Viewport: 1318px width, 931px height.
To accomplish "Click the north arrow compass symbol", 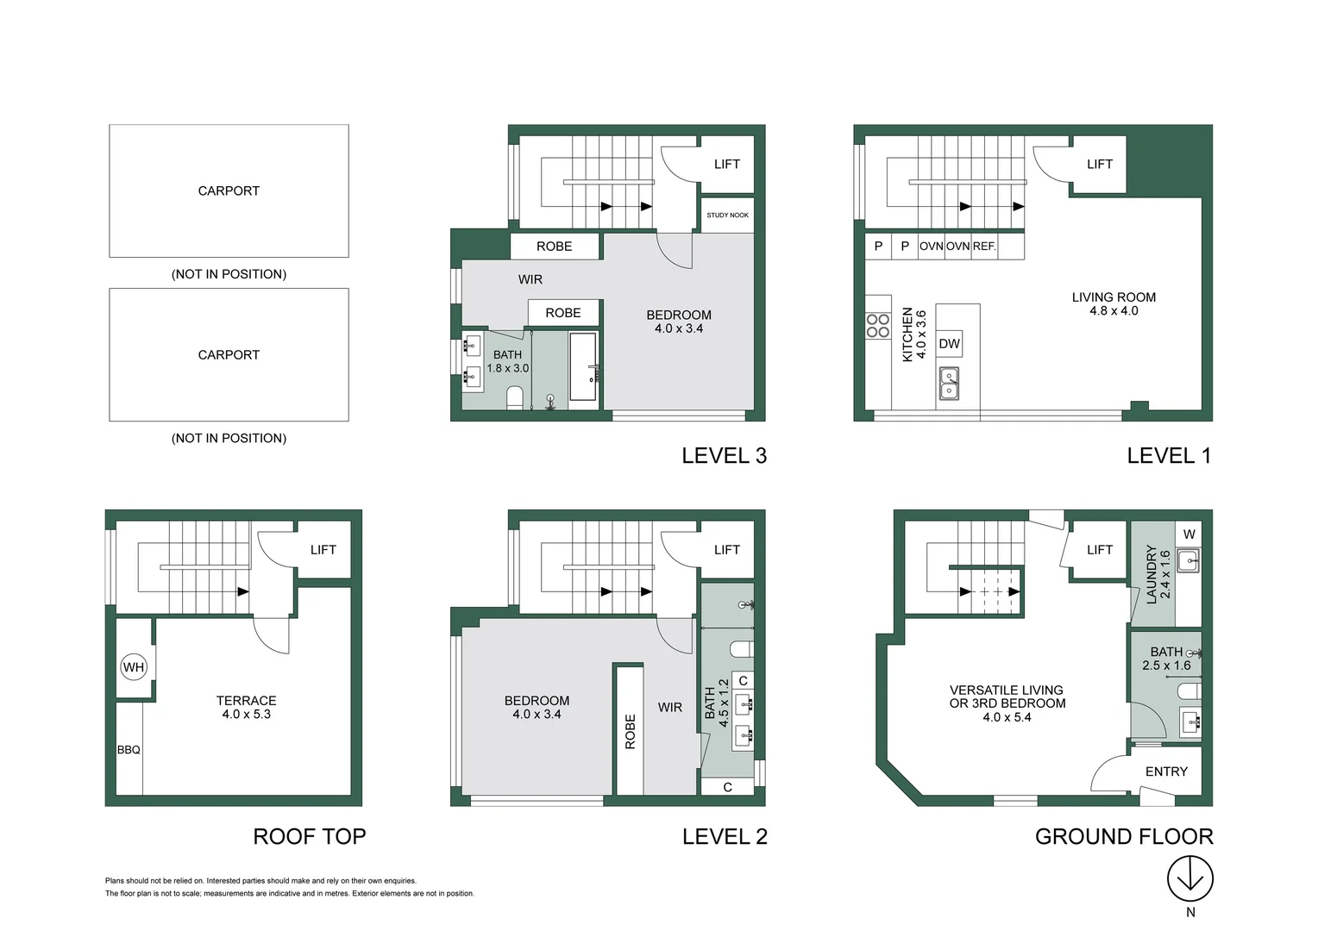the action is (x=1189, y=878).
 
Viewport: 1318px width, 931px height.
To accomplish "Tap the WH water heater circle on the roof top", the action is (x=134, y=667).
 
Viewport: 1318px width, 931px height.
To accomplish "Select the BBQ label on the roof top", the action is (x=129, y=750).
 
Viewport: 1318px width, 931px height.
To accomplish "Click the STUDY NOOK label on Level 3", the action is (x=727, y=216).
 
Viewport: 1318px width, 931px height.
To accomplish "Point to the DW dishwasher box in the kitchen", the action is (x=949, y=344).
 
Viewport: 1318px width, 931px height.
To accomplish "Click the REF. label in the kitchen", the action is (x=984, y=247).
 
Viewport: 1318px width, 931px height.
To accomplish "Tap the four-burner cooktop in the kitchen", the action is (x=878, y=326).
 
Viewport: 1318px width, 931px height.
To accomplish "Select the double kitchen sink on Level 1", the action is (x=949, y=384).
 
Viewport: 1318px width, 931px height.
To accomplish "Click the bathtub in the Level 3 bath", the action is (x=583, y=367).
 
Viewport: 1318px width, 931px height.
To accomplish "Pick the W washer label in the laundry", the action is (x=1189, y=534).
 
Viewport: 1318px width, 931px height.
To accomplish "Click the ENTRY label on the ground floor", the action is (x=1166, y=772).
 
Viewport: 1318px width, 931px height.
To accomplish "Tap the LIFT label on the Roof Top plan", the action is (x=323, y=550).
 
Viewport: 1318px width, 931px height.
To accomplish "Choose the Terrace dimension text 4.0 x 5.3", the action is (x=247, y=714).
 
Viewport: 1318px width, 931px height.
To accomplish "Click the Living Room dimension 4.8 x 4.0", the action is (x=1114, y=310).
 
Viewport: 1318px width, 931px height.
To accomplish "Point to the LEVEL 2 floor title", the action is (x=725, y=836).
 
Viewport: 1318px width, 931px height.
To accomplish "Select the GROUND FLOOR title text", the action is (x=1124, y=836).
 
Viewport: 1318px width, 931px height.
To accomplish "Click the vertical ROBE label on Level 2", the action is (x=631, y=732).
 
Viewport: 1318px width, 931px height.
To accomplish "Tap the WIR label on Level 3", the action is (x=530, y=279).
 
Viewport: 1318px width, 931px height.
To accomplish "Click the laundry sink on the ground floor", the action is (x=1189, y=560).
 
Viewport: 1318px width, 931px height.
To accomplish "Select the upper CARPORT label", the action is (x=229, y=191).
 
